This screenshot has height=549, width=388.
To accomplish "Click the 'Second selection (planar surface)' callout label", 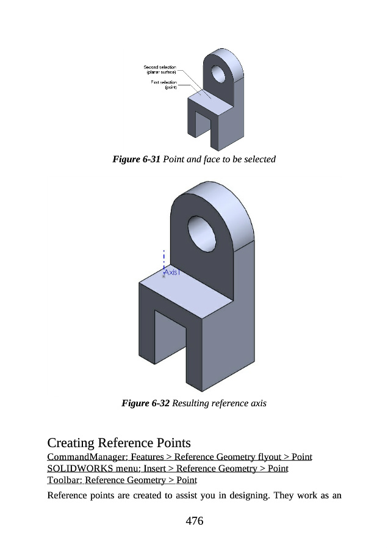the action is [x=160, y=70].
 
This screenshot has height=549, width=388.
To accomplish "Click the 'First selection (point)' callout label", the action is [x=164, y=85].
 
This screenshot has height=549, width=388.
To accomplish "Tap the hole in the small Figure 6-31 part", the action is [x=218, y=74].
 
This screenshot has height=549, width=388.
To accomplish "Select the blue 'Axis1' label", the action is [x=172, y=272].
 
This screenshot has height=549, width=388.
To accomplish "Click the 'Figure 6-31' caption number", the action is [x=136, y=159].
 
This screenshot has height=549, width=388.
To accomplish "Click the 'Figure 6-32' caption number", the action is [x=145, y=403].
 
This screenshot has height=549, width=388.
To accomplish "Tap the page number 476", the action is [x=195, y=521].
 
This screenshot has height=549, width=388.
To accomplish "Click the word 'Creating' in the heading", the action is [x=71, y=443].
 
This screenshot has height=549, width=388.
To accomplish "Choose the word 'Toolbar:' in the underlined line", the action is [x=65, y=480].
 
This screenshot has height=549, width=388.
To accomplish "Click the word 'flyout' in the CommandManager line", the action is [x=269, y=457].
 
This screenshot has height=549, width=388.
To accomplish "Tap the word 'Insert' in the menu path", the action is [x=154, y=468].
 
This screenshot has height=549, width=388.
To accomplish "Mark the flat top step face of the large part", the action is [x=185, y=294].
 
